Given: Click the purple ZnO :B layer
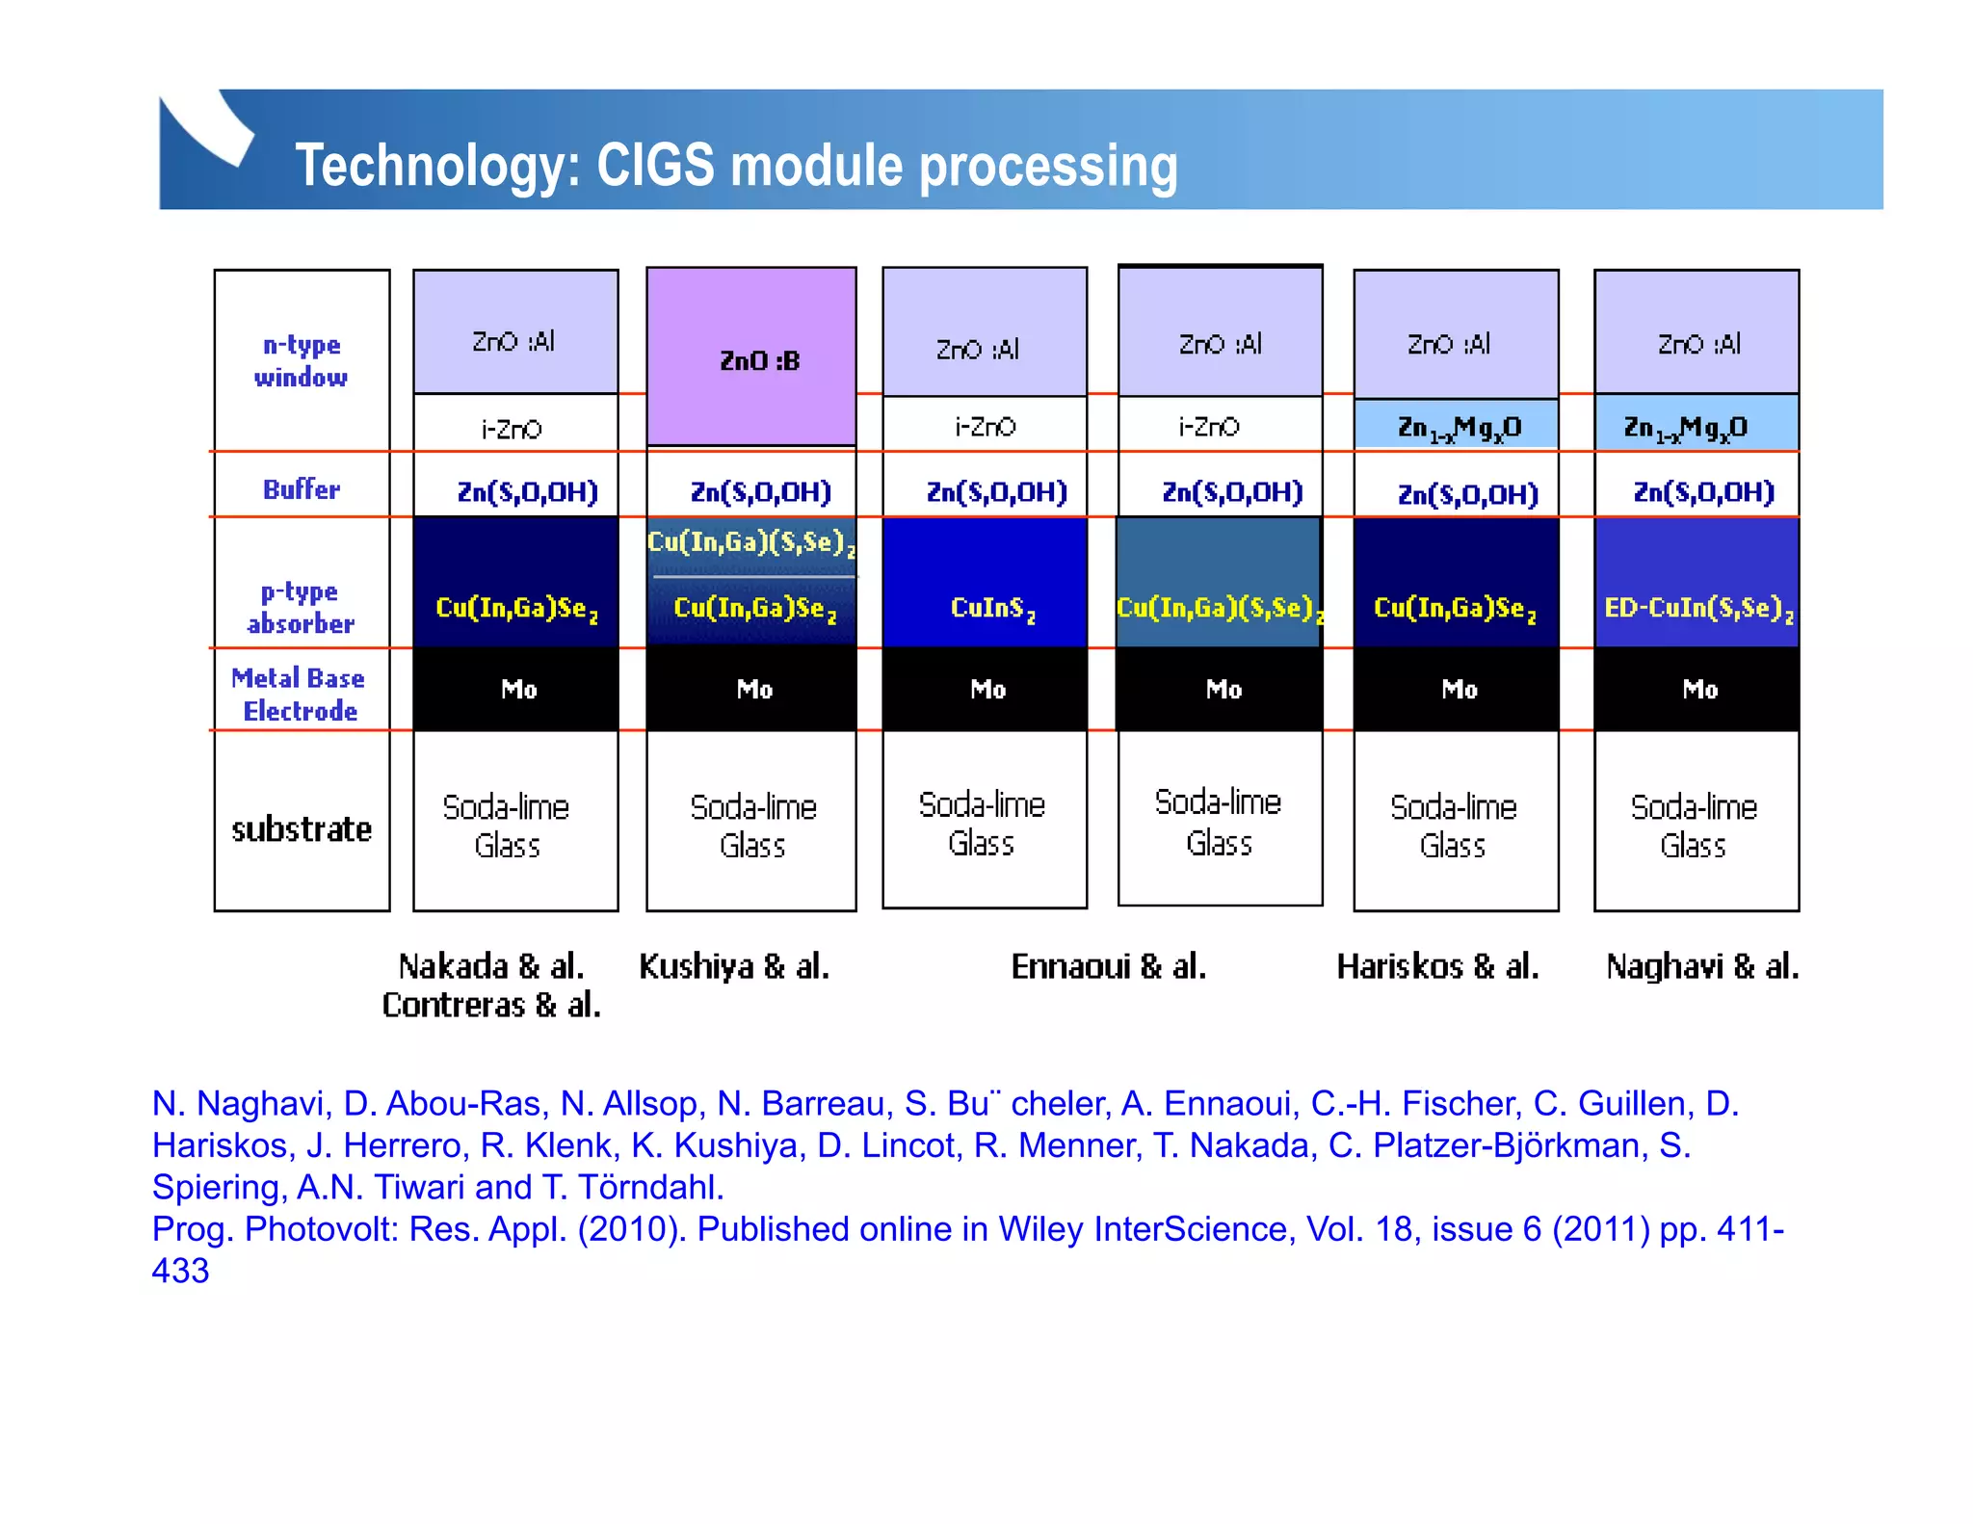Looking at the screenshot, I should coord(751,358).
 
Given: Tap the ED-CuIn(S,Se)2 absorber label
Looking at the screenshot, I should coord(1697,607).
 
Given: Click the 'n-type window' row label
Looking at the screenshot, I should coord(301,360).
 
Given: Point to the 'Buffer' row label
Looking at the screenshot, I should coord(301,488).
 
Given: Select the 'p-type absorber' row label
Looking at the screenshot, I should coord(300,607).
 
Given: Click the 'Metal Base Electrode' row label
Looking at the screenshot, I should coord(299,694).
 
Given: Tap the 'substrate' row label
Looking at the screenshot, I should coord(302,828).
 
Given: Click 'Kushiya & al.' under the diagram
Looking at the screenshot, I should coord(734,965).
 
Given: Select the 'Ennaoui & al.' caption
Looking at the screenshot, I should coord(1108,965).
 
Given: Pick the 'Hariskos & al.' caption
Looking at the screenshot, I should coord(1437,965).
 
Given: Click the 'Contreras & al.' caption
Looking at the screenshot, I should coord(491,1005).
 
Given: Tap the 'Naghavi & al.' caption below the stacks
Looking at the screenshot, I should coord(1701,965).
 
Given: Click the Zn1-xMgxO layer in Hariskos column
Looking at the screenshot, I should coord(1458,427).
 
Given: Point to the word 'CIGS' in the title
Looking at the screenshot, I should coord(655,165).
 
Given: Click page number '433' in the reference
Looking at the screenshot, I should coord(180,1270).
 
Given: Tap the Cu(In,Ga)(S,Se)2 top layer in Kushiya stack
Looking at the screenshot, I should coord(751,542).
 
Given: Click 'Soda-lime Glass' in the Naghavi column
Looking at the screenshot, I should coord(1694,826).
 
